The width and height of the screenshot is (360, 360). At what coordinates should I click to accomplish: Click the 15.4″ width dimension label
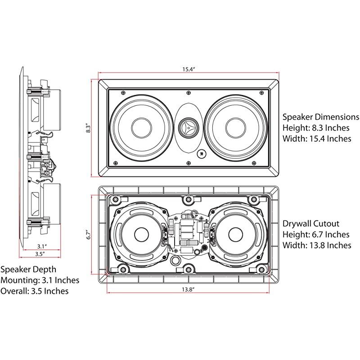[x=189, y=69]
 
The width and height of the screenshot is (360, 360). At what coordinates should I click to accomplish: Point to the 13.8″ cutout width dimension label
[x=188, y=290]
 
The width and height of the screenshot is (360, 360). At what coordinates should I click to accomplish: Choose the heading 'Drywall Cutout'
[x=310, y=224]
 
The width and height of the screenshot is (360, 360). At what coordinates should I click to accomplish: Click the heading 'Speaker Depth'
[x=28, y=270]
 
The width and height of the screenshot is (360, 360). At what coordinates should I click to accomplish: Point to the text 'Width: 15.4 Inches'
[x=317, y=139]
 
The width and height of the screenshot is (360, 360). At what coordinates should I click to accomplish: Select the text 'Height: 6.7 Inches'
[x=316, y=234]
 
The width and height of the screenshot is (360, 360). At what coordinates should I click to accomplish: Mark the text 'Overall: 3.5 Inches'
[x=35, y=291]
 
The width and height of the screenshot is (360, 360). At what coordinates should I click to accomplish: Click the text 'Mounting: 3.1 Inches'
[x=40, y=280]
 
